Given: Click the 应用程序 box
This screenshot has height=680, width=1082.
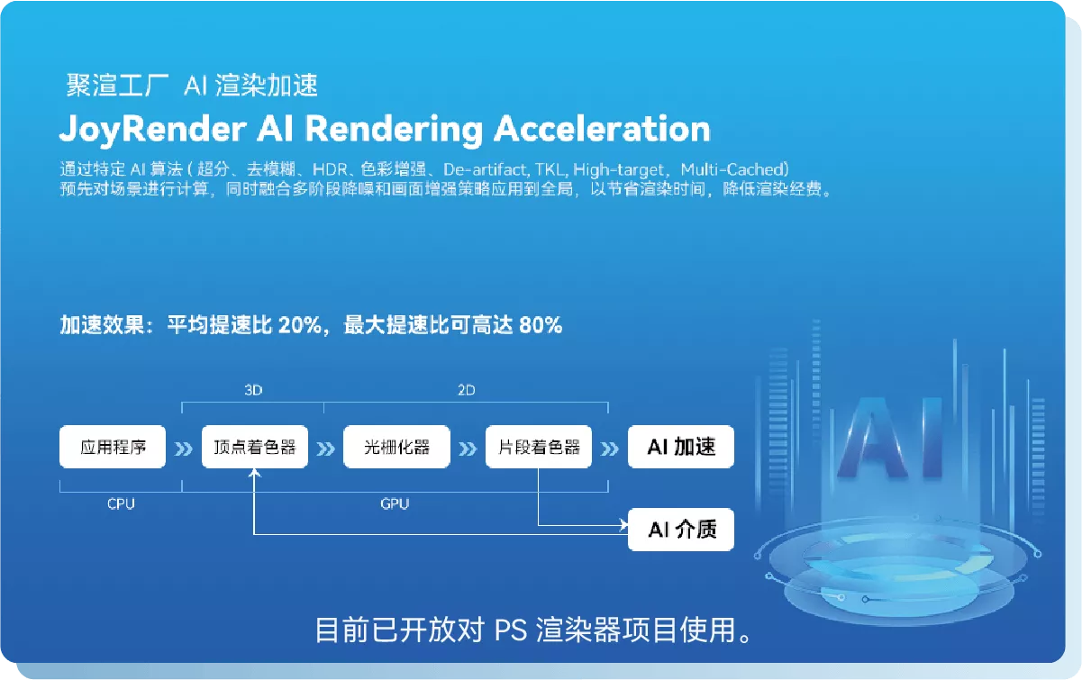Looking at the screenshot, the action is pyautogui.click(x=113, y=447).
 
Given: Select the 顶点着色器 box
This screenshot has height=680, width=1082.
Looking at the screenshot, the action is pyautogui.click(x=255, y=447).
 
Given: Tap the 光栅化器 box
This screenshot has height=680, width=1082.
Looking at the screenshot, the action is pyautogui.click(x=396, y=447).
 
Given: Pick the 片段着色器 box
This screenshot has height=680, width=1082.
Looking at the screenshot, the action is pyautogui.click(x=539, y=447).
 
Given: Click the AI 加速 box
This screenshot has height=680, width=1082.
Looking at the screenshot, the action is pyautogui.click(x=681, y=447).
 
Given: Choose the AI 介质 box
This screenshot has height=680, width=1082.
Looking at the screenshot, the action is pyautogui.click(x=681, y=530).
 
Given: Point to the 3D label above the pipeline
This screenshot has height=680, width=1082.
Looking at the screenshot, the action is pyautogui.click(x=253, y=390).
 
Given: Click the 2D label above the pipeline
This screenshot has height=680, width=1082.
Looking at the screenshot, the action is pyautogui.click(x=466, y=390).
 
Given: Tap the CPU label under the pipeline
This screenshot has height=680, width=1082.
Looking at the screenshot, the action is pyautogui.click(x=121, y=503).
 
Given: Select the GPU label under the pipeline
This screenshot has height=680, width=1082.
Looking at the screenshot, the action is pyautogui.click(x=395, y=503).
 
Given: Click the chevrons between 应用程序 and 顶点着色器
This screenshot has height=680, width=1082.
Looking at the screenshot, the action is pyautogui.click(x=184, y=449).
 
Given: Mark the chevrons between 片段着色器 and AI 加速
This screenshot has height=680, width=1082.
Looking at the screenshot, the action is pyautogui.click(x=610, y=449).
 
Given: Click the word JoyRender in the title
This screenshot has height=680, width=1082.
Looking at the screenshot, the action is pyautogui.click(x=153, y=130).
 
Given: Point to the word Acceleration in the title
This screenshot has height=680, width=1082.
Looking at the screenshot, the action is pyautogui.click(x=602, y=129).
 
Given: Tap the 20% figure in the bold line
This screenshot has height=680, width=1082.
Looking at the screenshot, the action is pyautogui.click(x=300, y=325).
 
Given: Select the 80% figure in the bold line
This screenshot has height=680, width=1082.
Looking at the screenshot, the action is pyautogui.click(x=541, y=325).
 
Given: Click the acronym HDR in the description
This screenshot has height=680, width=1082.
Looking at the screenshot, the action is pyautogui.click(x=330, y=169).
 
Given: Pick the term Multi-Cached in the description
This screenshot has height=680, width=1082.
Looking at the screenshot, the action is pyautogui.click(x=732, y=169).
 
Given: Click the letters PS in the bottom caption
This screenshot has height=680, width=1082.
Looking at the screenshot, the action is pyautogui.click(x=511, y=630).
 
